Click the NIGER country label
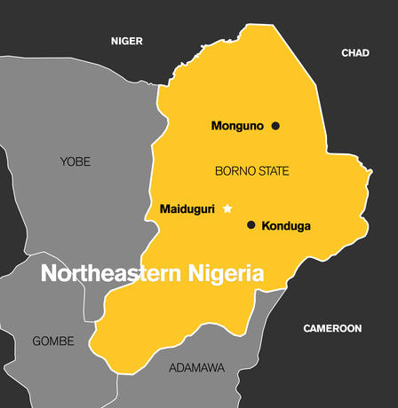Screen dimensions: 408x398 click(126, 42)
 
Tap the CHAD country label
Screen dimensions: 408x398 click(355, 53)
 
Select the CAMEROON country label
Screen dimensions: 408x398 click(332, 328)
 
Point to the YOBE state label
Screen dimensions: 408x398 click(75, 161)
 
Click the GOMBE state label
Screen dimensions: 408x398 click(53, 341)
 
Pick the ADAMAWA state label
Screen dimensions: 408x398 click(197, 367)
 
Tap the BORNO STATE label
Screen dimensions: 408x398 click(252, 170)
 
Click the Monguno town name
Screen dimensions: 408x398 click(237, 126)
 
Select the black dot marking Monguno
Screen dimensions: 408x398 click(275, 126)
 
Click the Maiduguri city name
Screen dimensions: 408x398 click(187, 208)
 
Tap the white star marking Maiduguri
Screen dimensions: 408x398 click(227, 208)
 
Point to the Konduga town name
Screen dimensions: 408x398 click(286, 226)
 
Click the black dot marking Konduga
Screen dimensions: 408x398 click(251, 225)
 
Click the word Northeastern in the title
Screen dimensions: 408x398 click(108, 274)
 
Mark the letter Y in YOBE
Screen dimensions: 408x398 click(63, 161)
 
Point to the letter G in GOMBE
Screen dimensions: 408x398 click(36, 341)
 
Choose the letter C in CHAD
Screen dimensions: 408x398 click(345, 53)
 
